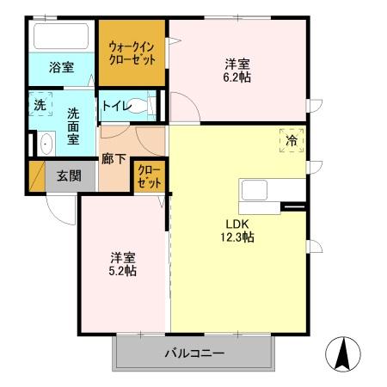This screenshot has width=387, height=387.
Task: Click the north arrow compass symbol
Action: tap(342, 353)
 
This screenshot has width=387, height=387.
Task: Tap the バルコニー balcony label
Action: tap(193, 353)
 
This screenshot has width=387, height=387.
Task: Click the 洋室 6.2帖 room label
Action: tap(238, 69)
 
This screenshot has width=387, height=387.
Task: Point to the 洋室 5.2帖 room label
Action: tap(123, 264)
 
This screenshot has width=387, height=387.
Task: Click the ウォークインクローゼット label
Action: tap(132, 53)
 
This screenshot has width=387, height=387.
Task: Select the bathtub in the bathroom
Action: tap(59, 38)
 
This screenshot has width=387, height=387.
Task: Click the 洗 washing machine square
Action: tap(40, 105)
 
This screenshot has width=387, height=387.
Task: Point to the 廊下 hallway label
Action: tap(113, 158)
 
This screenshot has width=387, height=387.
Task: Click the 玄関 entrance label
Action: tap(69, 175)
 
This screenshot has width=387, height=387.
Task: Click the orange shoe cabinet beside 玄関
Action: tap(37, 176)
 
